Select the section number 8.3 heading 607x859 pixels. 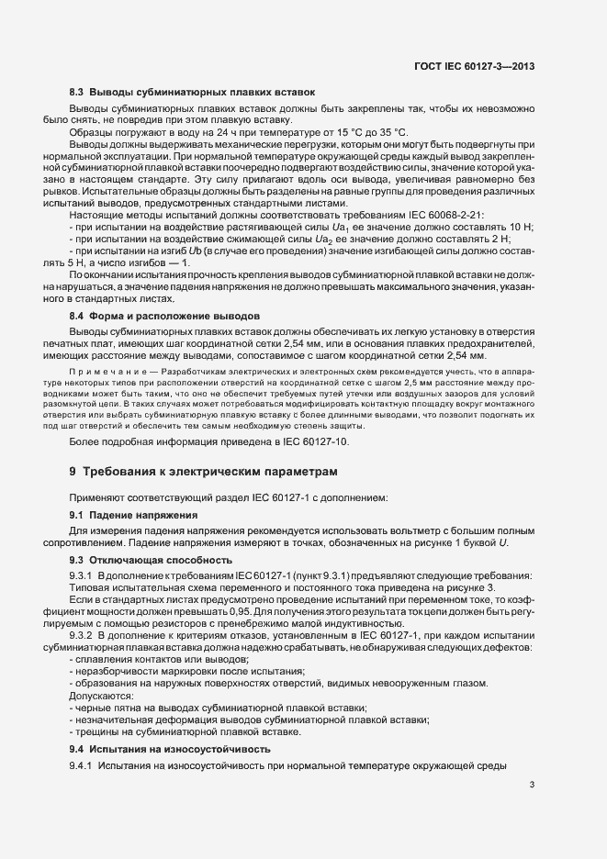[x=77, y=93]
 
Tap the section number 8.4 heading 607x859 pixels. [x=77, y=316]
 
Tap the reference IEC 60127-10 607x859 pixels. [x=317, y=442]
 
